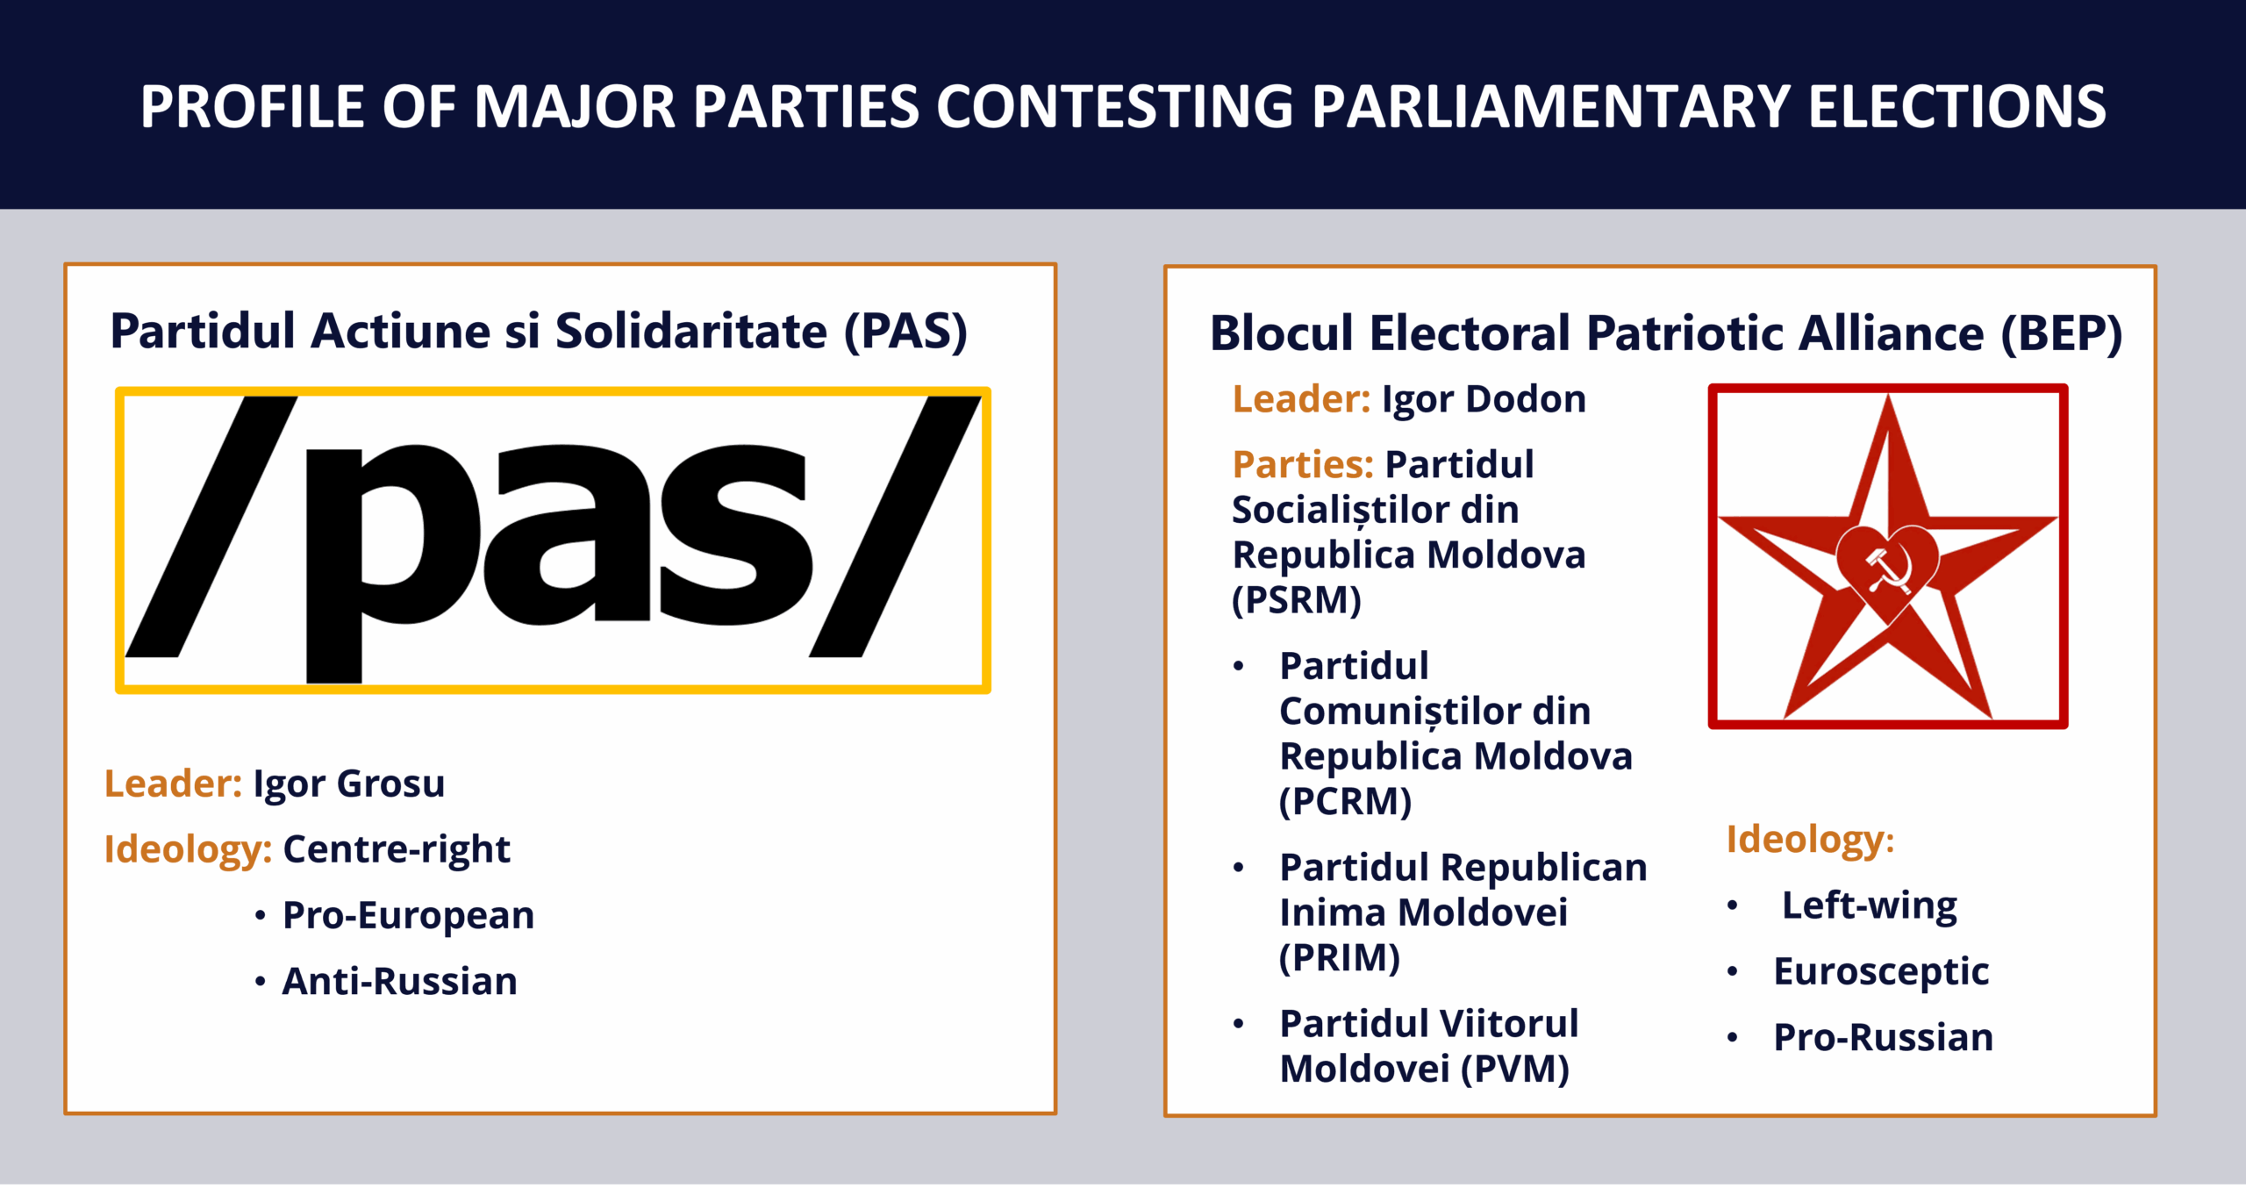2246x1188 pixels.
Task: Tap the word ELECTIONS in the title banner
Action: [1956, 107]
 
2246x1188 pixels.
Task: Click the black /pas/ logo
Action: [553, 539]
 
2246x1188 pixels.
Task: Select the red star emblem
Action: [1888, 556]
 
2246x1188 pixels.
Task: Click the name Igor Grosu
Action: [349, 784]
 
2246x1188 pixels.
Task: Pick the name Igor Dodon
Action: [1484, 399]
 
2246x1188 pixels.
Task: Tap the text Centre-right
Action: [397, 848]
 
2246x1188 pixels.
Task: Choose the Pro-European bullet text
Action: [408, 915]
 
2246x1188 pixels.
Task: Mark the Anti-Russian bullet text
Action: [400, 981]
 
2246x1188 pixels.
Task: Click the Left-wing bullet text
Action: [1870, 905]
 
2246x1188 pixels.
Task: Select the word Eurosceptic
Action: [1881, 972]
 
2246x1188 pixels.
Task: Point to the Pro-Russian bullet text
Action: [1884, 1037]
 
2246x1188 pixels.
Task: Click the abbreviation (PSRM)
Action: [1297, 601]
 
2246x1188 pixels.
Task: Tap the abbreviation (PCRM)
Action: [1345, 802]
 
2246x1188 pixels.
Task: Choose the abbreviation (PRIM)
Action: [1340, 958]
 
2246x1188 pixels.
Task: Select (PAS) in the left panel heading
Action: [906, 332]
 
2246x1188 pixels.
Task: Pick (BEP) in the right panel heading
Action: [2062, 334]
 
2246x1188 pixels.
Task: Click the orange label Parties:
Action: [1303, 464]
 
